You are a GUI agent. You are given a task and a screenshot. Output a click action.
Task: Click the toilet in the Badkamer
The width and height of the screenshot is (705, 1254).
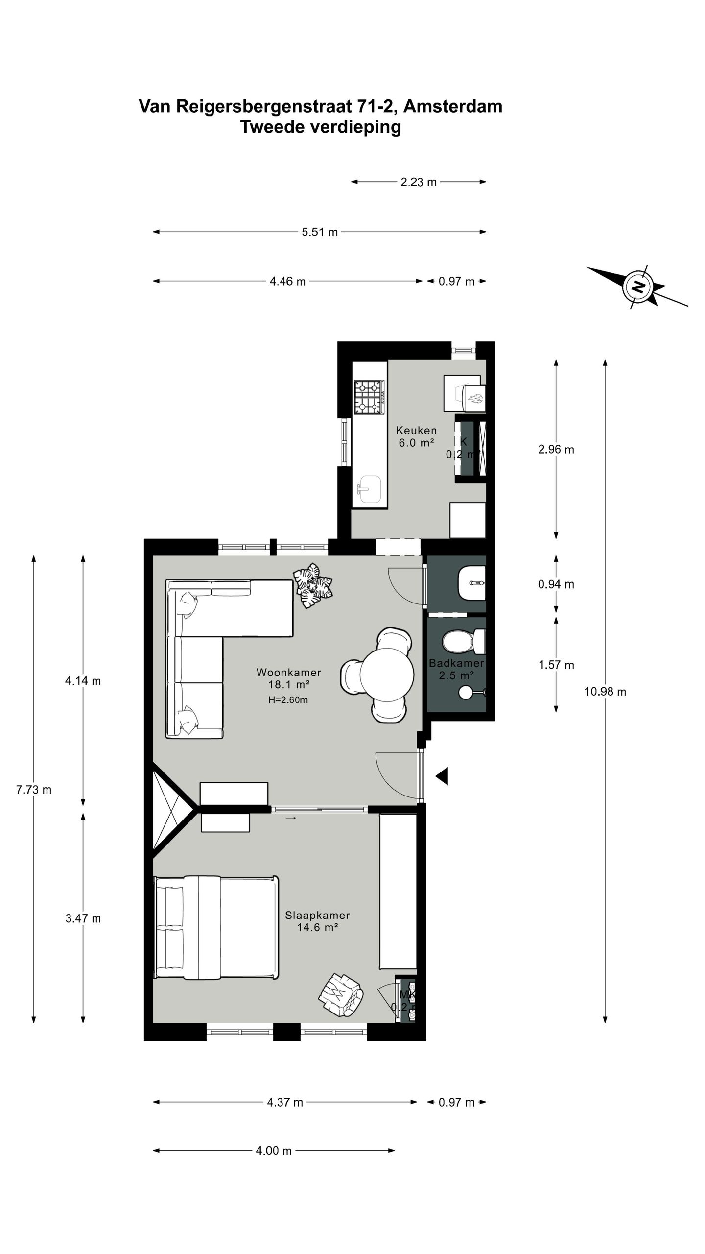click(x=463, y=641)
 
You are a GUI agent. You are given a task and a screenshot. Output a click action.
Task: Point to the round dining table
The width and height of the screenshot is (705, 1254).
click(x=387, y=675)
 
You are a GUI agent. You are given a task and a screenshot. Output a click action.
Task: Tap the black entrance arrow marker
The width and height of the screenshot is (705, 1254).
click(x=442, y=776)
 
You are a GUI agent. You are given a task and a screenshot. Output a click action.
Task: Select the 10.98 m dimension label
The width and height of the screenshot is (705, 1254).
click(x=605, y=692)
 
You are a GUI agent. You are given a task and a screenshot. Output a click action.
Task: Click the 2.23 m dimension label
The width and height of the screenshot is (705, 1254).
click(x=418, y=182)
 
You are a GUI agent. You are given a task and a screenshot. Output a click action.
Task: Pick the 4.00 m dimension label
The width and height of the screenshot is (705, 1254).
click(x=274, y=1151)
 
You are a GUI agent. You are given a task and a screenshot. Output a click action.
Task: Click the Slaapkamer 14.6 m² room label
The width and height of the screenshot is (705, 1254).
click(x=317, y=921)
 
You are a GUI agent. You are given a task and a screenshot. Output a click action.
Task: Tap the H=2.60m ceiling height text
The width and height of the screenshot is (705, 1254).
click(x=288, y=700)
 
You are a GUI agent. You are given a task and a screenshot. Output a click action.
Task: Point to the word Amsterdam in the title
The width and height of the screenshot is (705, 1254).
click(x=453, y=106)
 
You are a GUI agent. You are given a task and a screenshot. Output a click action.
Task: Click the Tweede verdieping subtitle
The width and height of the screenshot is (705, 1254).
click(x=320, y=127)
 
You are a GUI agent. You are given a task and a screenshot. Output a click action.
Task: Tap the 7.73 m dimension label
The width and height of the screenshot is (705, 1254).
click(x=34, y=790)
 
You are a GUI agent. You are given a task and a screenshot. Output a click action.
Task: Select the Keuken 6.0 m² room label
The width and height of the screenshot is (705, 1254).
click(x=416, y=436)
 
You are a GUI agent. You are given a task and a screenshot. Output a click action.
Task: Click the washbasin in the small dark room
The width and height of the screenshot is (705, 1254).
click(x=471, y=583)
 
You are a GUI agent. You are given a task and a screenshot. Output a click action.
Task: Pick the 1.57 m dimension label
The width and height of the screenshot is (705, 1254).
click(x=556, y=665)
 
